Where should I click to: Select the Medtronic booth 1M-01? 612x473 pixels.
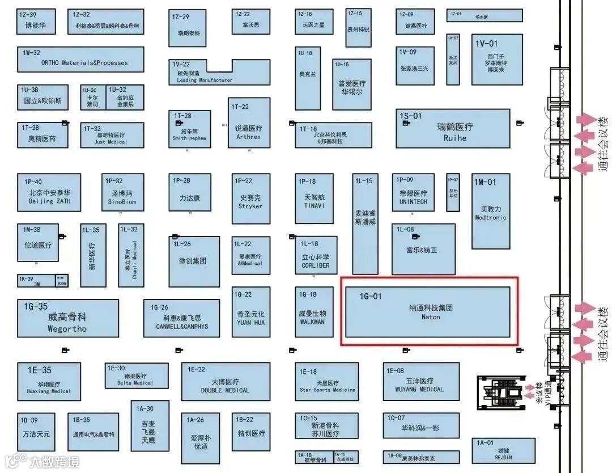[491, 211]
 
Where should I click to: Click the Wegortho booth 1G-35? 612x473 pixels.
[67, 318]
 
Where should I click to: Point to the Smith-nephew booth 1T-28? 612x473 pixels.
[189, 129]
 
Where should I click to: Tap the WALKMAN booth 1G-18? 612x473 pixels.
[314, 312]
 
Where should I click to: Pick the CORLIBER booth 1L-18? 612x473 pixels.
[316, 255]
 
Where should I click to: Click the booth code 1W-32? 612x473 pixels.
[31, 53]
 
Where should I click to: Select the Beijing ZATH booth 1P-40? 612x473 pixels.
[49, 192]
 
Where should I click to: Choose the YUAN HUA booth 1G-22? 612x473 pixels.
[250, 312]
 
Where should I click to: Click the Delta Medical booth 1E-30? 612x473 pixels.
[137, 376]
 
